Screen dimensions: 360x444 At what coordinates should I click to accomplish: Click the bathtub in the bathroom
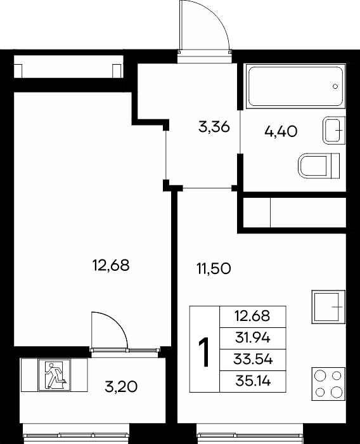click(296, 86)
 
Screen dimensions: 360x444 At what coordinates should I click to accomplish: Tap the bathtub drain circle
click(335, 86)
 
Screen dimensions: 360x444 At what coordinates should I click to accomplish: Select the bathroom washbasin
click(334, 130)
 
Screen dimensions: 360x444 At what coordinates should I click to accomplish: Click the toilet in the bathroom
click(319, 166)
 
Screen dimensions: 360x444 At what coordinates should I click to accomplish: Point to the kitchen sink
click(328, 306)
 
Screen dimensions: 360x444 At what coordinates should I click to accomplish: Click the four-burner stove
click(328, 384)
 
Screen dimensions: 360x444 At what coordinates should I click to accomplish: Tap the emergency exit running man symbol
click(55, 375)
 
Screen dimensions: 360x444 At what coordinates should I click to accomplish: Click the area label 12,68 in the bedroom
click(111, 266)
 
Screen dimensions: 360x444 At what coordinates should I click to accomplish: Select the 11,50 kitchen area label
click(214, 268)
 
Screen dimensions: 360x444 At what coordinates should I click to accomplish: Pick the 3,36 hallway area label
click(214, 127)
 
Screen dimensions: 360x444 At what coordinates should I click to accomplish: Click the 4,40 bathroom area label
click(281, 131)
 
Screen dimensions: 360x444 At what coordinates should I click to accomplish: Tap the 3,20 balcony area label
click(121, 387)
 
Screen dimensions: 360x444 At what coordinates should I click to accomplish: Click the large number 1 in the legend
click(204, 352)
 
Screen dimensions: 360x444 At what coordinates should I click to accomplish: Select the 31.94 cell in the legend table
click(253, 338)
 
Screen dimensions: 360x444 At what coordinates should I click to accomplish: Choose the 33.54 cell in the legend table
click(253, 360)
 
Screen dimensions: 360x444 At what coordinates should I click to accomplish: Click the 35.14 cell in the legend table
click(253, 381)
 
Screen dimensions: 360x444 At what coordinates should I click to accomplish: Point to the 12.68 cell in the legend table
click(253, 317)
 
